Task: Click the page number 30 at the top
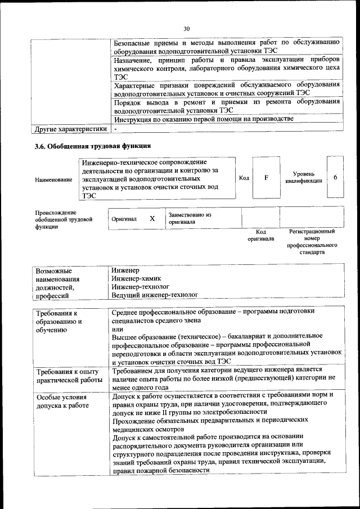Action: [x=187, y=29]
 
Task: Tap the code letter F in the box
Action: [x=266, y=178]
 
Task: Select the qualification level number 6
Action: [x=335, y=178]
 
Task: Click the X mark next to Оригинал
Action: [x=152, y=218]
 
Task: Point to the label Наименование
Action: [x=53, y=179]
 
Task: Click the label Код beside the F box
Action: [x=244, y=178]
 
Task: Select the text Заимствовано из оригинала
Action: [x=190, y=218]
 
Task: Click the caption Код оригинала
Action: [x=261, y=235]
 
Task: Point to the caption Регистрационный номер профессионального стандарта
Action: [x=312, y=242]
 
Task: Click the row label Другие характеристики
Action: [x=70, y=129]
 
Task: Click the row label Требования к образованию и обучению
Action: [x=59, y=322]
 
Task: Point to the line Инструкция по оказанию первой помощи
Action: [x=204, y=119]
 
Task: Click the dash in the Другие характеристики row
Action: [x=115, y=129]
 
